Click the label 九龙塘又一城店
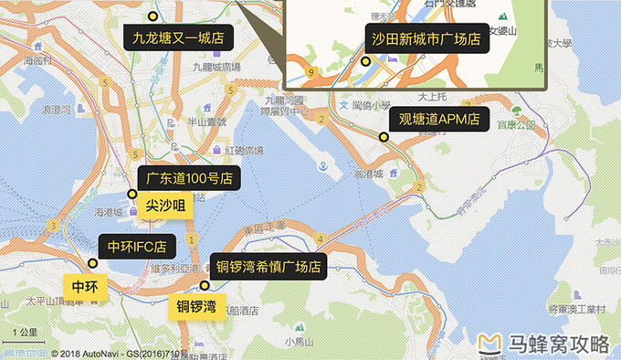[x=178, y=38]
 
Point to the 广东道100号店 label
[x=188, y=177]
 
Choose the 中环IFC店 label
[x=137, y=246]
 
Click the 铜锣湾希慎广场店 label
[x=269, y=267]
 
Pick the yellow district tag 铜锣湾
[x=196, y=305]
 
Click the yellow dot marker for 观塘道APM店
[x=384, y=137]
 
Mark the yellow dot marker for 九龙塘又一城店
[x=153, y=16]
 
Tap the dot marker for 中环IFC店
[x=92, y=263]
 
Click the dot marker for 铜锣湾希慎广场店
[x=205, y=285]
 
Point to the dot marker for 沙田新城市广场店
[x=365, y=62]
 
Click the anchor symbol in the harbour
[x=322, y=166]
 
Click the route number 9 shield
[x=311, y=70]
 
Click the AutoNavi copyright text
[x=119, y=353]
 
